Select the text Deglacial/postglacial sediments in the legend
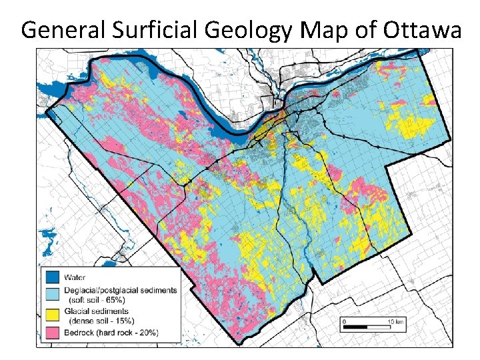coord(120,290)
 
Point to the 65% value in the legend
coord(114,299)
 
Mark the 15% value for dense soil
coord(120,320)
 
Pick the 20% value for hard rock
coord(143,332)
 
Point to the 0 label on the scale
coord(344,321)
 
